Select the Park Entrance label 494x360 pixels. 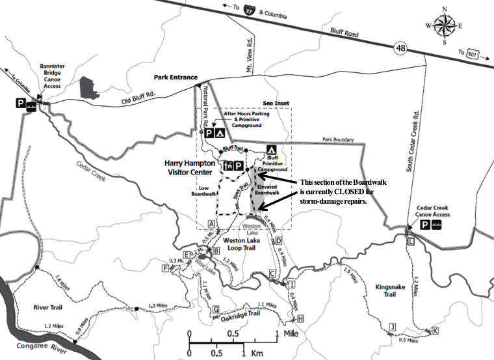tap(175, 77)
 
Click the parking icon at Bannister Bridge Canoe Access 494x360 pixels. tap(21, 103)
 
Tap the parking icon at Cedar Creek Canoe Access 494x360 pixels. tap(425, 225)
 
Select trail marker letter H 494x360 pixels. tap(300, 318)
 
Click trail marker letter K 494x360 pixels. tap(435, 331)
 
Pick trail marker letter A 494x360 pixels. tap(211, 224)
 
